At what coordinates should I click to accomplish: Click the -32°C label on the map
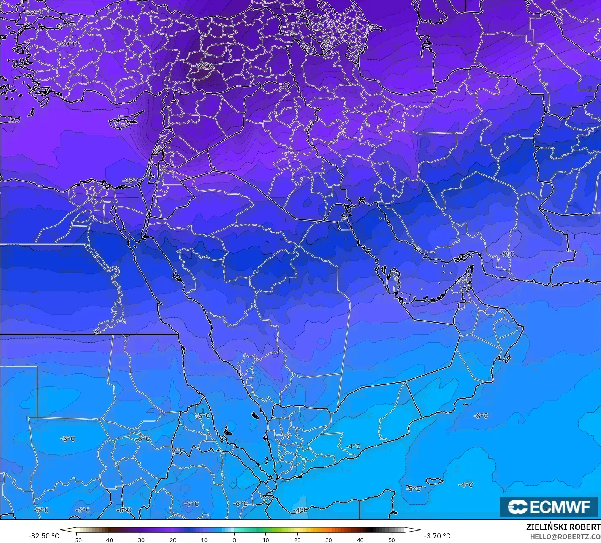click(x=204, y=66)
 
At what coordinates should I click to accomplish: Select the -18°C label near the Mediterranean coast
click(x=131, y=181)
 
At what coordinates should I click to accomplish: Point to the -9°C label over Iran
click(x=507, y=254)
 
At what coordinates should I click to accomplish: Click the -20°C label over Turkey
click(x=68, y=44)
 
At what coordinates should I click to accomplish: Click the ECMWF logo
click(x=549, y=507)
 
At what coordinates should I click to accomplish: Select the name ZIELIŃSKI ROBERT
click(x=563, y=527)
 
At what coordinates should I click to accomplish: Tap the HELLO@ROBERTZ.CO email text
click(x=565, y=536)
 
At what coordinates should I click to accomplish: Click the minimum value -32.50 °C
click(x=44, y=536)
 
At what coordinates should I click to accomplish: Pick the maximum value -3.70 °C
click(x=437, y=536)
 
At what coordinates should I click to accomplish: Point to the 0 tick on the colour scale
click(x=234, y=540)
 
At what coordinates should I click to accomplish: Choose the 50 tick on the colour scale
click(x=392, y=540)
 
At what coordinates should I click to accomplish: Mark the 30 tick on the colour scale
click(x=329, y=540)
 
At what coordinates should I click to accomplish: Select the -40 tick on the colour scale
click(x=108, y=540)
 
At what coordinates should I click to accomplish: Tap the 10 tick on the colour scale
click(x=266, y=540)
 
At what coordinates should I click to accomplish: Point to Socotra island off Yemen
click(x=434, y=481)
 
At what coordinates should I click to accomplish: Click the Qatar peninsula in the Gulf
click(x=395, y=279)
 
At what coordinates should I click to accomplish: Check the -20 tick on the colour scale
click(x=171, y=540)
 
